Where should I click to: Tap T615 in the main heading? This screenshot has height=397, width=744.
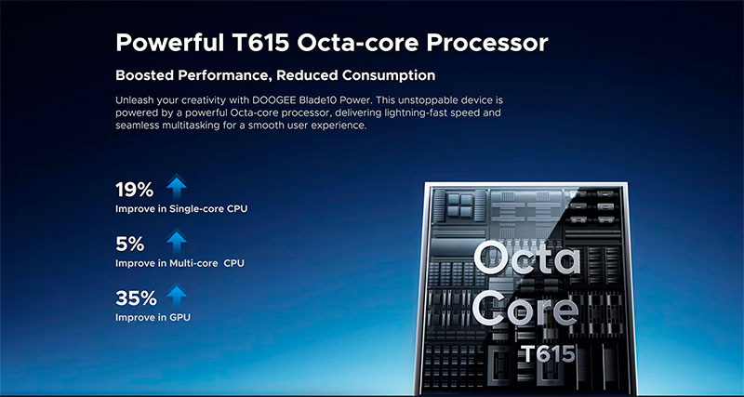pyautogui.click(x=260, y=43)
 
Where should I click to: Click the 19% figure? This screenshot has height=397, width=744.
pyautogui.click(x=134, y=190)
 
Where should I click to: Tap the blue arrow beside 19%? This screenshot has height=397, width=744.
pyautogui.click(x=177, y=186)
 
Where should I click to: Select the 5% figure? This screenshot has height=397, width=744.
pyautogui.click(x=129, y=244)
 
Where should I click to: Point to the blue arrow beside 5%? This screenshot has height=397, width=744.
pyautogui.click(x=177, y=241)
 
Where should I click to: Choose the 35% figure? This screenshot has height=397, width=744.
pyautogui.click(x=136, y=298)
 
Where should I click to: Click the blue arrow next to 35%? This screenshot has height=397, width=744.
pyautogui.click(x=177, y=295)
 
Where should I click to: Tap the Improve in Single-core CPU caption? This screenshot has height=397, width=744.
pyautogui.click(x=181, y=208)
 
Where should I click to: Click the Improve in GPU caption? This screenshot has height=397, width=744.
pyautogui.click(x=153, y=317)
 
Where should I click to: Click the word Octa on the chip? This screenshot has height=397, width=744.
pyautogui.click(x=526, y=258)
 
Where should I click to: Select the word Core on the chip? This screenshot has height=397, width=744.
pyautogui.click(x=525, y=308)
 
